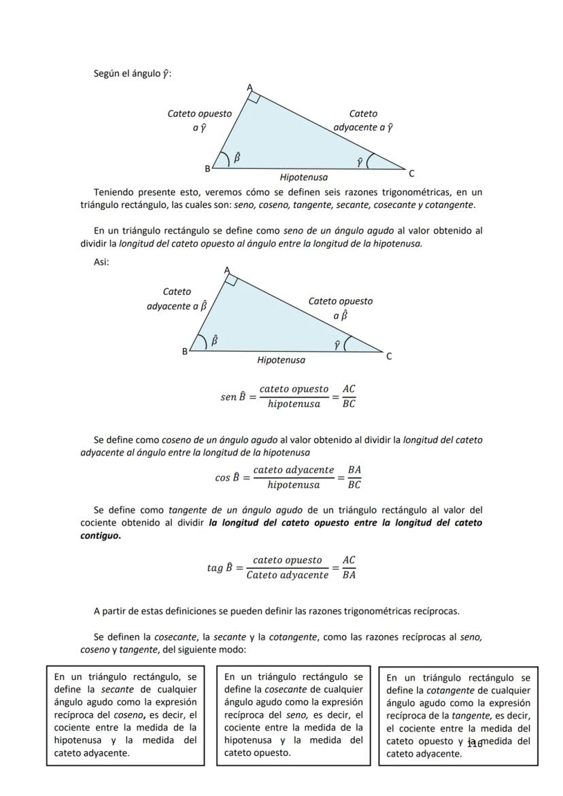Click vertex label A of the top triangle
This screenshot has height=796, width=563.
[249, 87]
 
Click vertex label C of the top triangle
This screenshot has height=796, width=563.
[411, 173]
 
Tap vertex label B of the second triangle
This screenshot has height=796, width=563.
[184, 351]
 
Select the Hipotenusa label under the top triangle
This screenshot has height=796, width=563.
[303, 177]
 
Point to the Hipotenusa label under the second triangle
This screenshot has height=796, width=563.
[281, 360]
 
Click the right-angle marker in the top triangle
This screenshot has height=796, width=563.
[254, 98]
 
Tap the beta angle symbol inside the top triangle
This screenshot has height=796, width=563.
[237, 158]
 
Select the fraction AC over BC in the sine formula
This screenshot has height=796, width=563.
[348, 396]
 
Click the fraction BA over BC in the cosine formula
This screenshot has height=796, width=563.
[354, 477]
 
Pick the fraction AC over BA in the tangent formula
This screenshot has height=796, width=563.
[348, 568]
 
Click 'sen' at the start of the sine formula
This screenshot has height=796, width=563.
[228, 397]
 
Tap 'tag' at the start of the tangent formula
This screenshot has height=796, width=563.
[215, 568]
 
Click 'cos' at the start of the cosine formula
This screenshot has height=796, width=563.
[222, 478]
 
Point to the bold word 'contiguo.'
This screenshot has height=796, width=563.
[101, 536]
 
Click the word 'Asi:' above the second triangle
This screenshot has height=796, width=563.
[101, 262]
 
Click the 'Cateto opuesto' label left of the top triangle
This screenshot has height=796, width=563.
[199, 114]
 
